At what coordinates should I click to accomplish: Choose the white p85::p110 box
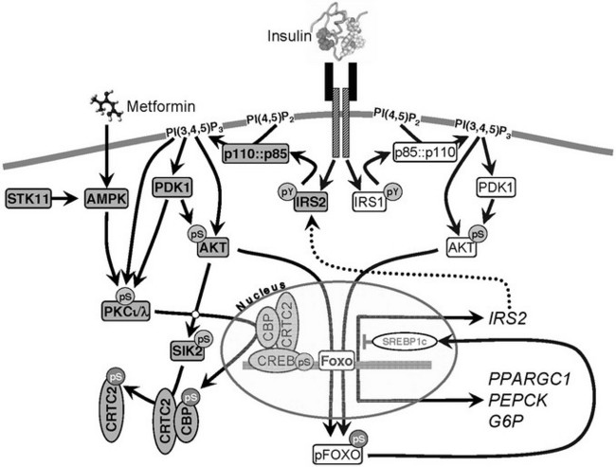click(x=425, y=154)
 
